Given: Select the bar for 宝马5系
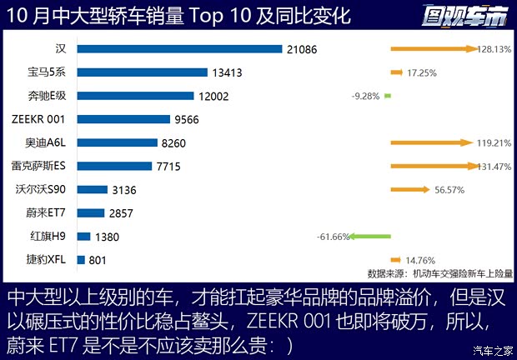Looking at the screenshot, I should [x=142, y=72].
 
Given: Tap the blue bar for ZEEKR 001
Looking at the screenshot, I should [x=123, y=119].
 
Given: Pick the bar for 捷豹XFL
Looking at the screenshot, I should [x=81, y=260].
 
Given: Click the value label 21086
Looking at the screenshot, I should [x=301, y=49].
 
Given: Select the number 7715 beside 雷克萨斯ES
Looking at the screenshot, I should [x=173, y=167].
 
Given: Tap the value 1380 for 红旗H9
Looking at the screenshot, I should [x=108, y=237].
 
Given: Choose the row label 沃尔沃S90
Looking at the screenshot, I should [x=44, y=190].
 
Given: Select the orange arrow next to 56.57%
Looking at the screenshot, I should [x=409, y=190].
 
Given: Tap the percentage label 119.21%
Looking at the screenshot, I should [x=494, y=142].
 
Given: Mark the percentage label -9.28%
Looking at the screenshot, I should [x=366, y=96].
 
